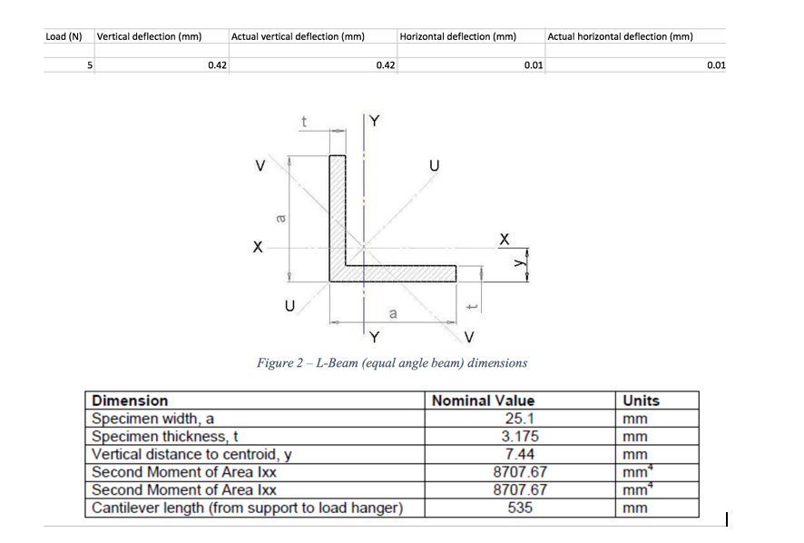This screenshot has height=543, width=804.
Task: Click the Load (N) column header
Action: (64, 36)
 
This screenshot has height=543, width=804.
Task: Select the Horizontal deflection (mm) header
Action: (458, 36)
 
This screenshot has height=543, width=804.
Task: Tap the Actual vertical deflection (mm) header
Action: (298, 36)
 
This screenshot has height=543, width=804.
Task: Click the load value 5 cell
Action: (90, 65)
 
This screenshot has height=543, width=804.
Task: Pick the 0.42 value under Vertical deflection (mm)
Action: (218, 65)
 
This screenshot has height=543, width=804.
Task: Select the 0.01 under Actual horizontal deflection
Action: (716, 65)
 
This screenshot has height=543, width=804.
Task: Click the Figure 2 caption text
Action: (392, 363)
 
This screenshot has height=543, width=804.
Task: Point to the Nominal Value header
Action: (483, 400)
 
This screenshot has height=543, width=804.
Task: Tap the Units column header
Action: (641, 400)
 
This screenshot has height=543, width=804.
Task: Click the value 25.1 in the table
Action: (519, 419)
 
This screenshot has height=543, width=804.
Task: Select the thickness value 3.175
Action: (520, 436)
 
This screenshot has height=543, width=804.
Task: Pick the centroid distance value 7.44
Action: (519, 454)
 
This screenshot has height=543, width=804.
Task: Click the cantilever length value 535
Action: (520, 508)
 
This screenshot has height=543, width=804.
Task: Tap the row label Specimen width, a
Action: (152, 419)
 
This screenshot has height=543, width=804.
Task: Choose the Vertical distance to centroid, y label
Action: (191, 455)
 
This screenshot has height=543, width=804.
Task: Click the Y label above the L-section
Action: (375, 121)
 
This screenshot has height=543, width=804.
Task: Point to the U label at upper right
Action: (435, 166)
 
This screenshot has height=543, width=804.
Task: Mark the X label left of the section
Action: (258, 247)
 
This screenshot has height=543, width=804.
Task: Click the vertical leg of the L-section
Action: (338, 211)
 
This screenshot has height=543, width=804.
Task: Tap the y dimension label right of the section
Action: (519, 262)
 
